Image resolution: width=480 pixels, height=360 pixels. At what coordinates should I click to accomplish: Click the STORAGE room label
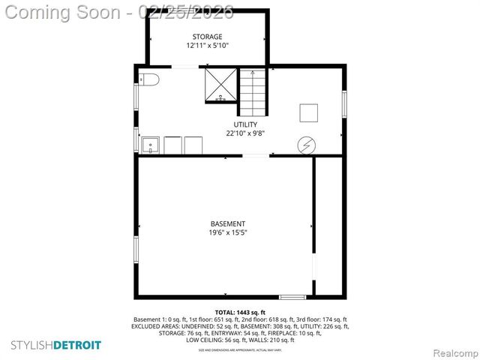(207, 37)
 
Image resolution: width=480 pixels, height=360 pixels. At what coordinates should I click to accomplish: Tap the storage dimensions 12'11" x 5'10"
(207, 46)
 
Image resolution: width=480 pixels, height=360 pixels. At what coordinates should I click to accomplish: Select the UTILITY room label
(245, 124)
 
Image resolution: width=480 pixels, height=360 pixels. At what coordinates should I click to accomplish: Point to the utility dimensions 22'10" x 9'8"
(245, 133)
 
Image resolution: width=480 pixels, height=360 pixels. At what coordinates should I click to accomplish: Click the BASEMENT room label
(227, 223)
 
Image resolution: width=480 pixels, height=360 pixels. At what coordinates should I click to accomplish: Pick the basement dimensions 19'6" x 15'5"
(227, 232)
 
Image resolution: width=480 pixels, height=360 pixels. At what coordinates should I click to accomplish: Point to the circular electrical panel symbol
(307, 143)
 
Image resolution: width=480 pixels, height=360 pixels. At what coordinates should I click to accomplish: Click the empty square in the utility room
(310, 112)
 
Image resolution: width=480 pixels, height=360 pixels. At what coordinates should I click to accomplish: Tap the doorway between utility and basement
(256, 155)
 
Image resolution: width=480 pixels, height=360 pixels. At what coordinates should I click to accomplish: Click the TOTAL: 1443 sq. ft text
(240, 312)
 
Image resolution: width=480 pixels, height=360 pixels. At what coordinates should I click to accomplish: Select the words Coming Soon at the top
(62, 12)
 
